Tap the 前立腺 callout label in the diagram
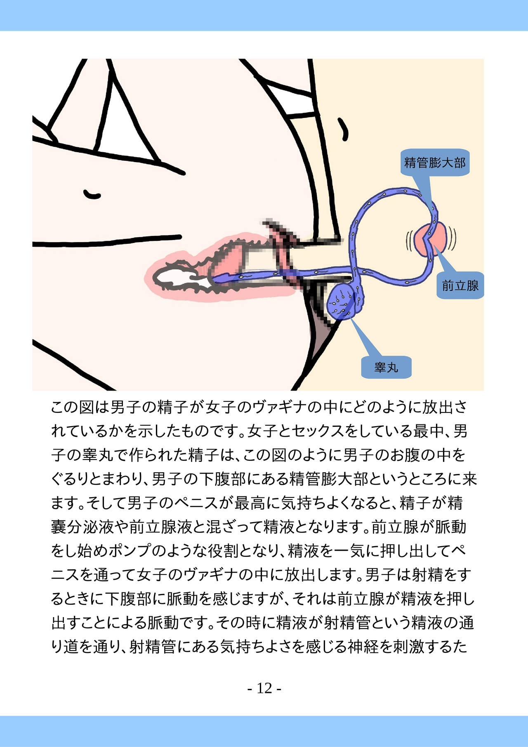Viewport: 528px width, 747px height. pos(460,285)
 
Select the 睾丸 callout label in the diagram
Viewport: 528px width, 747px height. pos(386,367)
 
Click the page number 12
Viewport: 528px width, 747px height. pos(264,688)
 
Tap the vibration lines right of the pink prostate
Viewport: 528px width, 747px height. pos(453,240)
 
